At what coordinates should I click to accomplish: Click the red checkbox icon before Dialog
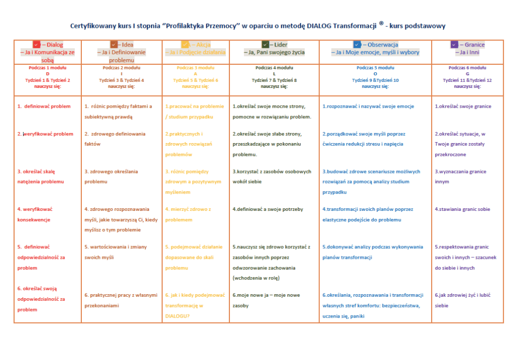(x=36, y=44)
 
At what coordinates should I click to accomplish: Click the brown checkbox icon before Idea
(x=114, y=44)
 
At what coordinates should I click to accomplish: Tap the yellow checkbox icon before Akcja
(x=185, y=44)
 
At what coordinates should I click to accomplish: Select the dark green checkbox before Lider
(x=265, y=44)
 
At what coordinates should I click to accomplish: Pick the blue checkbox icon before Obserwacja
(x=357, y=44)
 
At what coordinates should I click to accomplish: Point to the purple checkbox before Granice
(x=454, y=44)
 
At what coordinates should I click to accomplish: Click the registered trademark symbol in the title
(x=381, y=23)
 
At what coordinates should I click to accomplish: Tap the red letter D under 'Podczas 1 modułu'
(x=48, y=74)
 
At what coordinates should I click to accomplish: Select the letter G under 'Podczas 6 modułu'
(x=467, y=74)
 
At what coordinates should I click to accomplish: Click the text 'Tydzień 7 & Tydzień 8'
(x=274, y=80)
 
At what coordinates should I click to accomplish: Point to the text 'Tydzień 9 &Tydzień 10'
(x=375, y=80)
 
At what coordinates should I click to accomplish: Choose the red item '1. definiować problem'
(x=44, y=106)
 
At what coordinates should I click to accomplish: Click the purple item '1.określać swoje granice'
(x=462, y=106)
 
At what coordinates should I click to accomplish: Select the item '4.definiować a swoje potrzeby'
(x=267, y=209)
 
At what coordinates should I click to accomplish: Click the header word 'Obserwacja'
(x=383, y=44)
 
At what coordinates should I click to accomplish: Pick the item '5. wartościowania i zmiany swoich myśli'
(x=117, y=252)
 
